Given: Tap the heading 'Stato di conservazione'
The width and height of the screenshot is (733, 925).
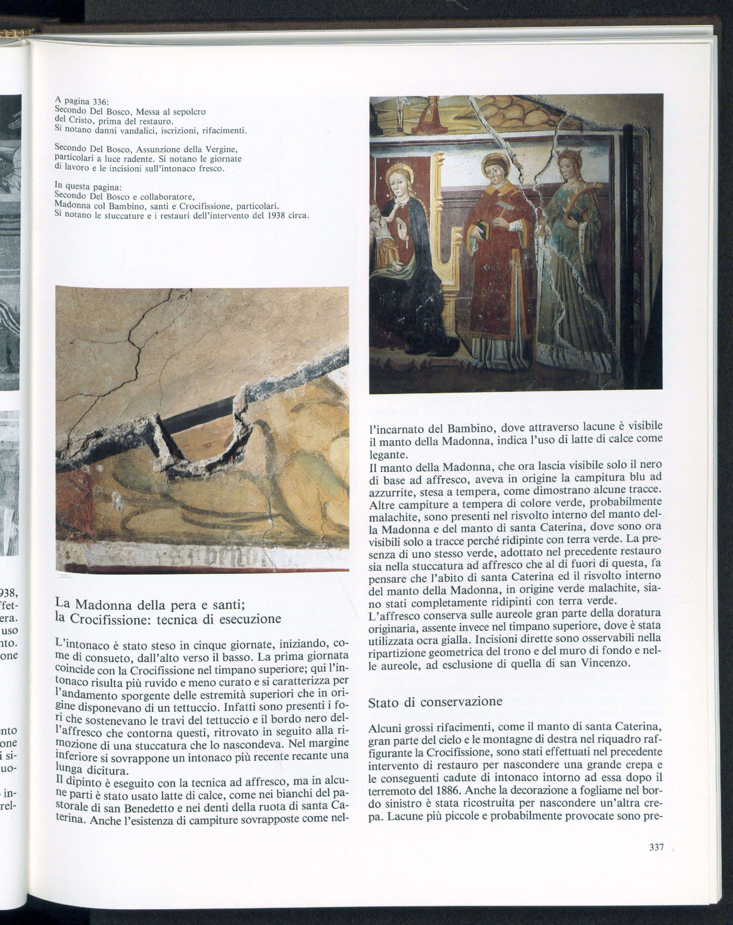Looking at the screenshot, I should click(435, 702).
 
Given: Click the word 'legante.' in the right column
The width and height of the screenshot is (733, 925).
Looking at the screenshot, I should click(387, 454).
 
